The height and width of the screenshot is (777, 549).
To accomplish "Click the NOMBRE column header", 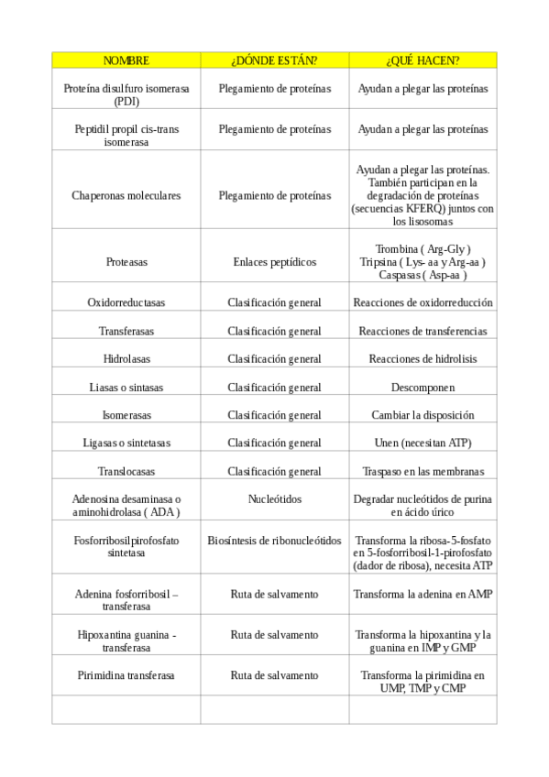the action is point(126,60).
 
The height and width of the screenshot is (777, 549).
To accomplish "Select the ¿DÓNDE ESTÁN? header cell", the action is point(274,60).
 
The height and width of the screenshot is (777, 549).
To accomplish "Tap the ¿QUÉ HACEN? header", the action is point(423,60).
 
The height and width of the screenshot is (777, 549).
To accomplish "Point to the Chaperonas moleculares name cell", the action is point(126,195).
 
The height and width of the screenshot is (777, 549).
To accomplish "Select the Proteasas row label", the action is point(126,261).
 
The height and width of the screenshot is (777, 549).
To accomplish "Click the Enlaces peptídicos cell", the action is point(274,261).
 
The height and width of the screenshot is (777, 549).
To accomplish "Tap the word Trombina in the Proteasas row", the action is point(395,248).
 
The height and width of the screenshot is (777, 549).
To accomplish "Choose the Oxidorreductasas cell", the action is point(126,302).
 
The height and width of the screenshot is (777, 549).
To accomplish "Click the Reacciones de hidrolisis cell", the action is point(423,358).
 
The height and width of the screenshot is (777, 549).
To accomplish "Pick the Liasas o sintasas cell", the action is point(126,387).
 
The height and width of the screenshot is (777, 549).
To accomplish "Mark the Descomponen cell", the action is point(423,387).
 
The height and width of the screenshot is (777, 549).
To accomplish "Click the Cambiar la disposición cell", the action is point(423,414).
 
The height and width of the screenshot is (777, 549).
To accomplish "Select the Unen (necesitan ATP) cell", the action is point(423,443).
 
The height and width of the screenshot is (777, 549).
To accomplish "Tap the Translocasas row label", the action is point(126,471).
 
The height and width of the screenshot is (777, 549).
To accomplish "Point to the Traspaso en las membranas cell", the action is point(423,471).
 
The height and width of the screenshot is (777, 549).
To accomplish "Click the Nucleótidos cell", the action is point(274,499).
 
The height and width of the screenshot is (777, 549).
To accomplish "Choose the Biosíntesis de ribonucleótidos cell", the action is point(274,540).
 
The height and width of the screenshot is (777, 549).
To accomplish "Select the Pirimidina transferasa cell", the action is point(126,675).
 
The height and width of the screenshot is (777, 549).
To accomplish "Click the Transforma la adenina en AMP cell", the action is point(423,594).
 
